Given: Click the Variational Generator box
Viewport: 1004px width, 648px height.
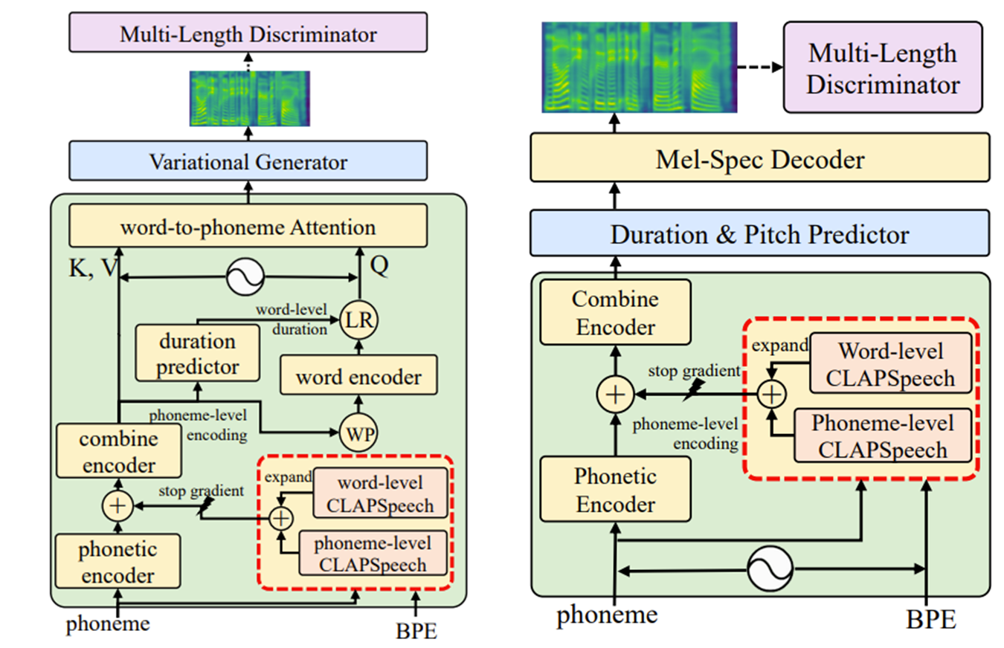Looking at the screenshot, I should point(248,161).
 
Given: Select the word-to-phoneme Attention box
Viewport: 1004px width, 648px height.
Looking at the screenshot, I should point(248,227).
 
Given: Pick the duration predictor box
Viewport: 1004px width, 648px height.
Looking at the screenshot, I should point(197,354).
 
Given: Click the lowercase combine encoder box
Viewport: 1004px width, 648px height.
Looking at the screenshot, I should point(120,452).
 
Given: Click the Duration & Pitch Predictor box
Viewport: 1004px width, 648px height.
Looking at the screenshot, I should point(759,234).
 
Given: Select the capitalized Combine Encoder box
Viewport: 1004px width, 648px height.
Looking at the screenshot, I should point(615,312).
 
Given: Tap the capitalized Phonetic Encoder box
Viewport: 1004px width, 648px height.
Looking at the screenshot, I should point(615,491).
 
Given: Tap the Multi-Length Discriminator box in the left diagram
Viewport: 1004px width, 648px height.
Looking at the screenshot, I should point(248,33).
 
